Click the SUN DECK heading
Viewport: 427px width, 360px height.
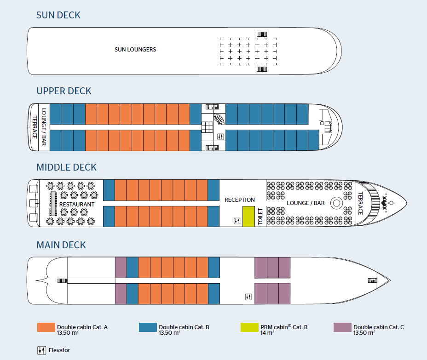tap(58, 15)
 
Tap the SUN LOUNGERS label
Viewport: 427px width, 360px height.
tap(135, 50)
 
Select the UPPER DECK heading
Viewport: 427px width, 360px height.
tap(64, 91)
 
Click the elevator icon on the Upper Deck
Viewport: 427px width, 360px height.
tap(220, 137)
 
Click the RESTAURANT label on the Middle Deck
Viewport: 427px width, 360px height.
tap(76, 204)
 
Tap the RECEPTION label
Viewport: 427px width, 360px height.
tap(239, 200)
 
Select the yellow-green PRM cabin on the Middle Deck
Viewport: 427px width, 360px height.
tap(248, 216)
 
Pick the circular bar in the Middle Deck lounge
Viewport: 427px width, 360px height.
tap(336, 202)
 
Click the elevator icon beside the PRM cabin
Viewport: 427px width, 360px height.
tap(237, 221)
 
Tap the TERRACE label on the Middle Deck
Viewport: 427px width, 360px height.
tap(361, 203)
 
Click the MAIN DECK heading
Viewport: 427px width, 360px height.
tap(61, 245)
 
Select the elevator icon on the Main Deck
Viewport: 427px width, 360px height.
tap(248, 297)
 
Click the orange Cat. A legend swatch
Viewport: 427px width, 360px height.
tap(46, 327)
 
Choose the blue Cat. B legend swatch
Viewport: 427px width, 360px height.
tap(148, 327)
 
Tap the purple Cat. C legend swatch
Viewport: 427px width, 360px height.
tap(342, 327)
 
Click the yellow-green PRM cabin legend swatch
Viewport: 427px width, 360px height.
tap(249, 327)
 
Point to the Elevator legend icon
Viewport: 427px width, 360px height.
tap(41, 350)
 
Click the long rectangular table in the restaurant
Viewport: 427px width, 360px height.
tap(53, 203)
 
